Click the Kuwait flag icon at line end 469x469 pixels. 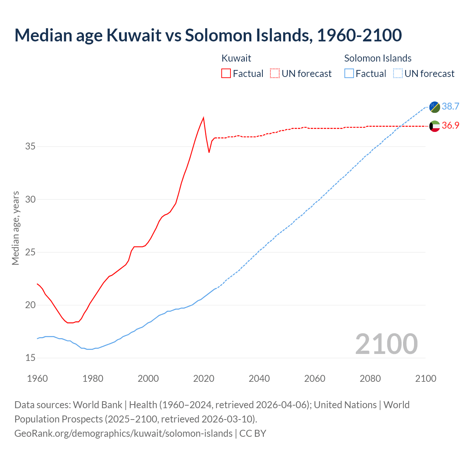point(435,126)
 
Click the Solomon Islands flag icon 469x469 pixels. point(435,107)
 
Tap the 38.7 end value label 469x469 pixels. point(450,106)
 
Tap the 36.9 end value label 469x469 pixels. point(450,125)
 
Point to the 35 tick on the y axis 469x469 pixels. point(30,147)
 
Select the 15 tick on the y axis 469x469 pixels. point(30,358)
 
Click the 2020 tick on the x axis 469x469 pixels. point(204,378)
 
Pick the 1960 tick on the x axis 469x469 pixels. point(37,378)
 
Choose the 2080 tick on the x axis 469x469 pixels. point(370,378)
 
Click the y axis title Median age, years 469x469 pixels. point(15,228)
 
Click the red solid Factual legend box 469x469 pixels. point(226,74)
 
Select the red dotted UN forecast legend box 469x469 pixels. point(275,74)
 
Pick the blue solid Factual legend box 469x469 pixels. point(349,74)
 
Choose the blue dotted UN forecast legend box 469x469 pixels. point(398,74)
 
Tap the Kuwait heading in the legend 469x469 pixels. point(236,58)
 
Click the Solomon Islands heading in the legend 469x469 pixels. point(378,58)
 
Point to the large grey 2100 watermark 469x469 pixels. point(387,344)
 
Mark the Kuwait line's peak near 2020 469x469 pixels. point(203,118)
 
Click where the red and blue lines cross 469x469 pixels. point(400,126)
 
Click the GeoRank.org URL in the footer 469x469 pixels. point(123,433)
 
